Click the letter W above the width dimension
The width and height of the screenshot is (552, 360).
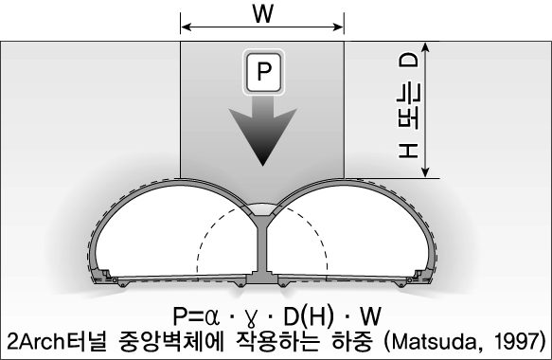click(262, 13)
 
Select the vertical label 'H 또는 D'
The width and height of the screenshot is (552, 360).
click(408, 113)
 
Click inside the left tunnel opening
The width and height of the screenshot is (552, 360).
click(170, 237)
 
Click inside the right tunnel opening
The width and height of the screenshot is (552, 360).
click(360, 237)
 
